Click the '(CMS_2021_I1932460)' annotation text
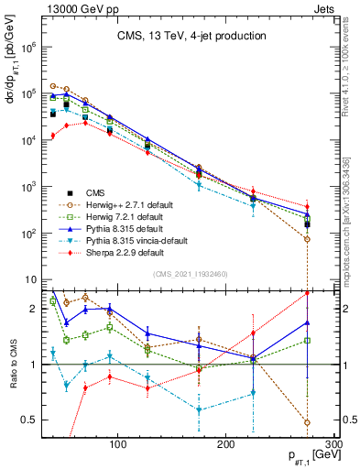click(x=191, y=273)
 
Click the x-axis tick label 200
click(x=226, y=443)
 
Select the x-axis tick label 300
click(x=333, y=443)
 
